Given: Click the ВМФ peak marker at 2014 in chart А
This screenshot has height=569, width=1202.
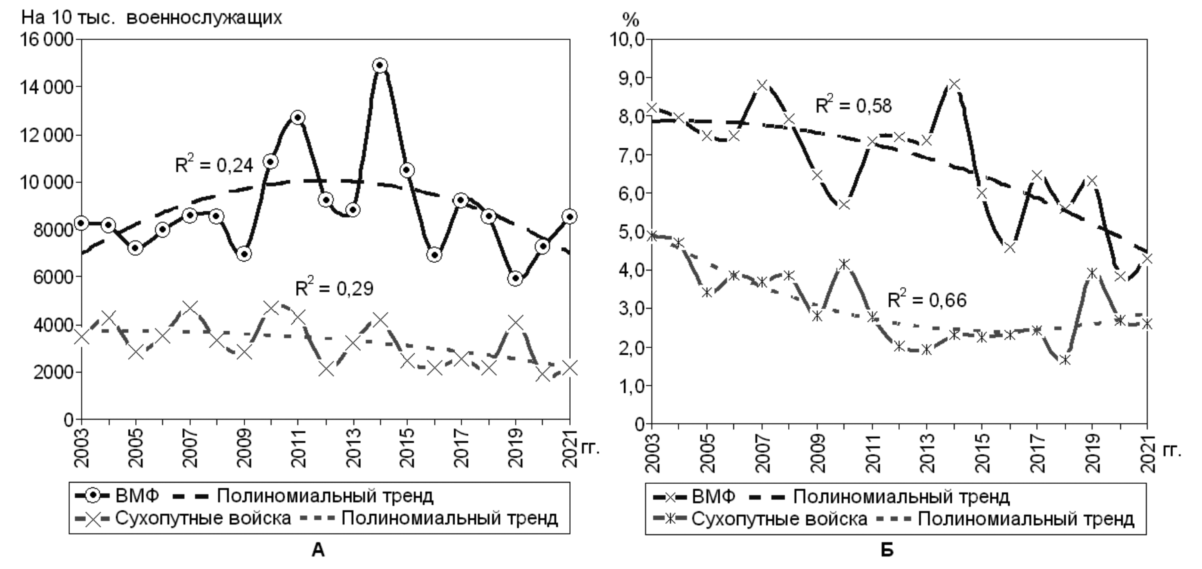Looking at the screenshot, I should [x=380, y=65].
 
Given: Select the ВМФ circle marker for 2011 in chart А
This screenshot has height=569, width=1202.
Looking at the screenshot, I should [x=298, y=117].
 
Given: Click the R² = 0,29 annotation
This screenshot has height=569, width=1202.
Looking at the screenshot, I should [x=334, y=288].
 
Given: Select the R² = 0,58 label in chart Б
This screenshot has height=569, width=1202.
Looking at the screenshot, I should [x=854, y=105].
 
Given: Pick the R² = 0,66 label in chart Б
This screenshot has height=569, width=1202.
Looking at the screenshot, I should [x=927, y=299].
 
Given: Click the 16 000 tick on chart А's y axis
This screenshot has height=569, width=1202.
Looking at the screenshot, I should [x=46, y=40].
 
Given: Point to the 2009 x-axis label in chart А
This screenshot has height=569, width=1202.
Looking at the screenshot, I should [x=244, y=448].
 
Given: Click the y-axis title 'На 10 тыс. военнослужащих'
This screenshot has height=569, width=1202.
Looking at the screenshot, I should [x=152, y=18].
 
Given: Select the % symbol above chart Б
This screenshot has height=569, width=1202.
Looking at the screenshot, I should [x=631, y=20].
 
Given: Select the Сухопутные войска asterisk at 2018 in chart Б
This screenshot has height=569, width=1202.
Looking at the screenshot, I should [x=1065, y=360].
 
